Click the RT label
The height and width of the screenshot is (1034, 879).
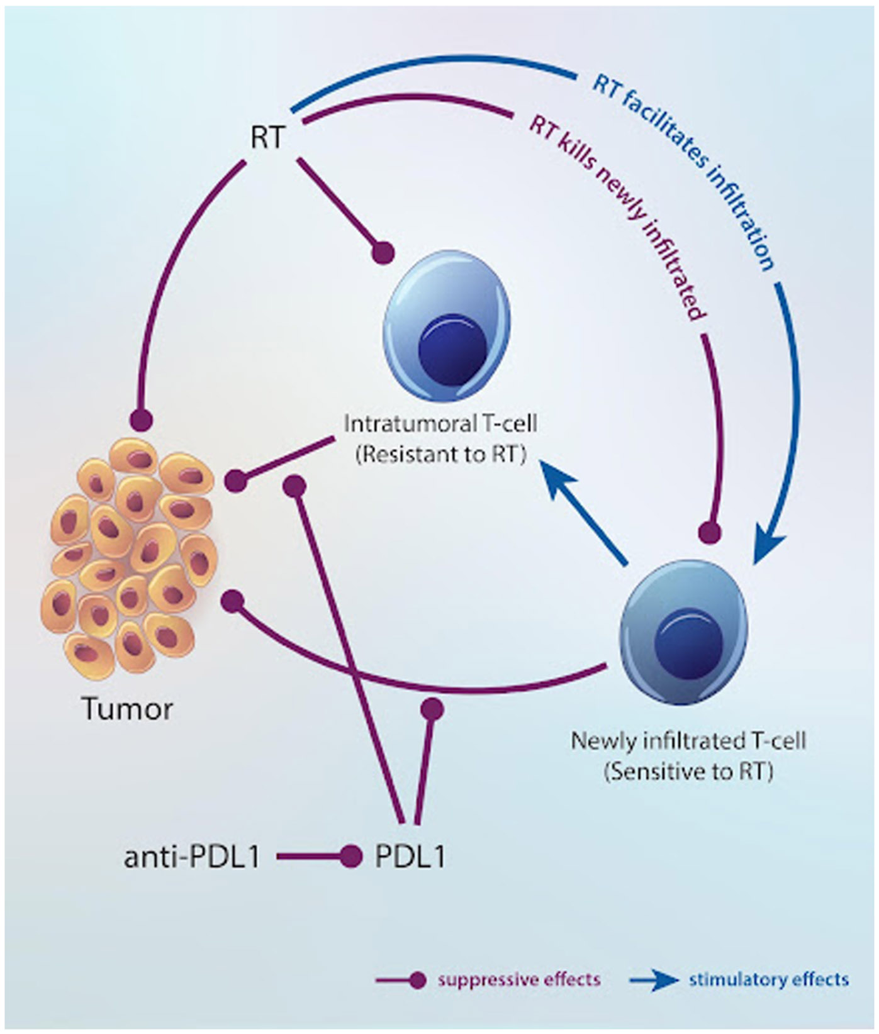(267, 138)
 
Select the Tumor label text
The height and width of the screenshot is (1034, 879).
(128, 709)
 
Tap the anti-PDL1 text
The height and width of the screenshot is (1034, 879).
(192, 857)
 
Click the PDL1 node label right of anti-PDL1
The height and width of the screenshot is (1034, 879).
(410, 857)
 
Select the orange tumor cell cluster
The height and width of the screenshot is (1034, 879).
(130, 556)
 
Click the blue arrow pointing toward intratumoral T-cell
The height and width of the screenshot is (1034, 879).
(585, 509)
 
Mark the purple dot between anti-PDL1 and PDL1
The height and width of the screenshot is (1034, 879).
(350, 856)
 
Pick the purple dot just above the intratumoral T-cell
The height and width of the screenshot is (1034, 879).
(383, 252)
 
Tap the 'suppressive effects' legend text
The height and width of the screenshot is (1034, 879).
(519, 979)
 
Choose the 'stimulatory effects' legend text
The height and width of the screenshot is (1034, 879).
(769, 979)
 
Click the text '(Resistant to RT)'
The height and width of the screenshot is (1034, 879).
(440, 455)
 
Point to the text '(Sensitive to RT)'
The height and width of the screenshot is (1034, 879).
(688, 771)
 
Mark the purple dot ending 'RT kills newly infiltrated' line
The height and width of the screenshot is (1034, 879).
(710, 532)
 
